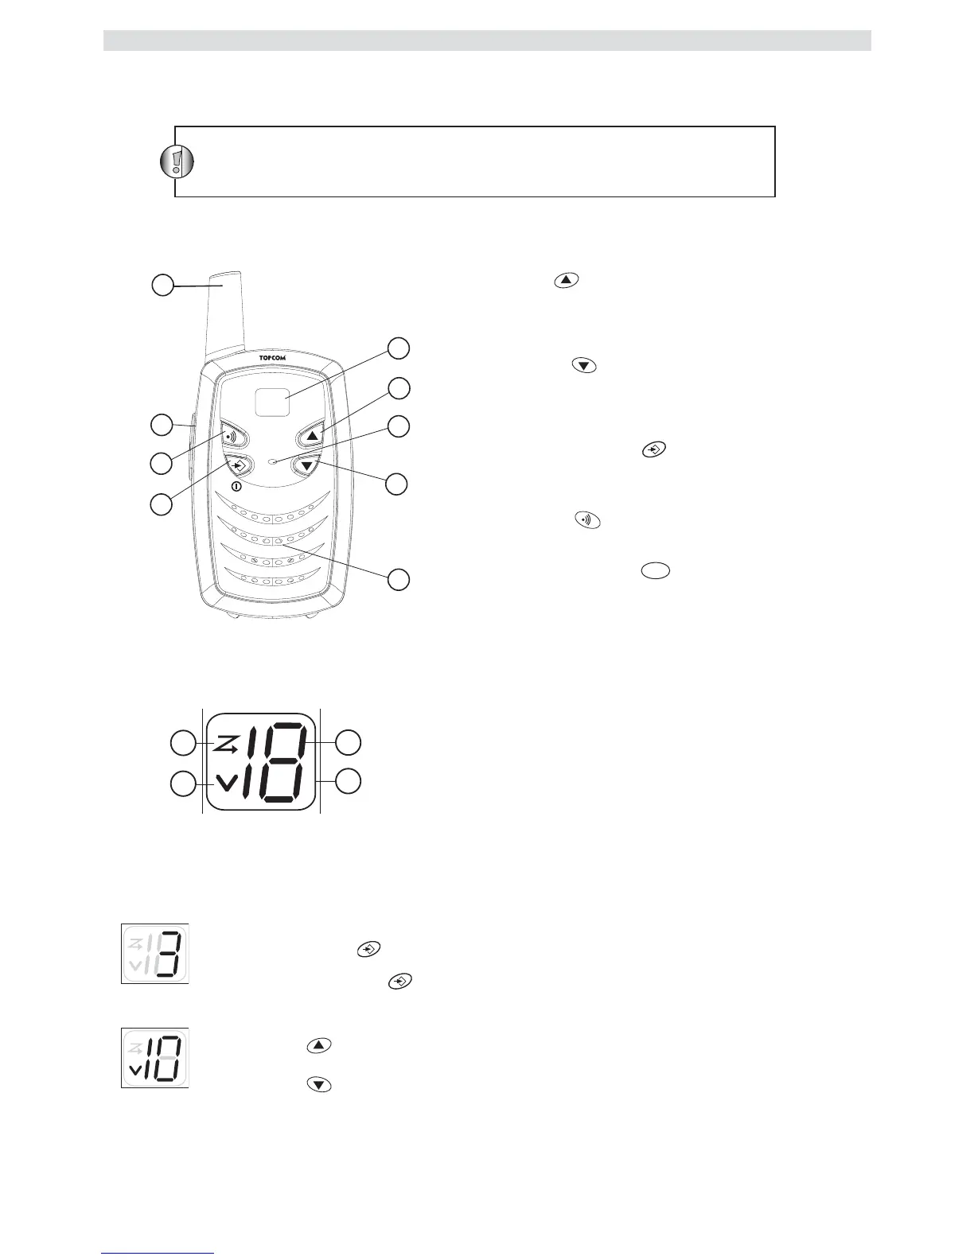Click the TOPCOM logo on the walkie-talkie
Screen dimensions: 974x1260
pyautogui.click(x=272, y=358)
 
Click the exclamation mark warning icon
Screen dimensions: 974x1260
pyautogui.click(x=176, y=161)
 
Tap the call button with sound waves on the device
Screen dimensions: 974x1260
pyautogui.click(x=232, y=437)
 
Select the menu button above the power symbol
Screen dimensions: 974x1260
pyautogui.click(x=237, y=465)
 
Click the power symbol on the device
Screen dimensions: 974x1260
pyautogui.click(x=236, y=486)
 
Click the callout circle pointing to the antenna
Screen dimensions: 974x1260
pyautogui.click(x=162, y=285)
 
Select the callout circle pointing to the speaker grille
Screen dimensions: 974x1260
pyautogui.click(x=399, y=580)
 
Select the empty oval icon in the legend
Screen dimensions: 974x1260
pyautogui.click(x=655, y=570)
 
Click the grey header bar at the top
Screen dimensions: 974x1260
pyautogui.click(x=487, y=41)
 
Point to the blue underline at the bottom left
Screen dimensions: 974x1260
pyautogui.click(x=158, y=1254)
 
